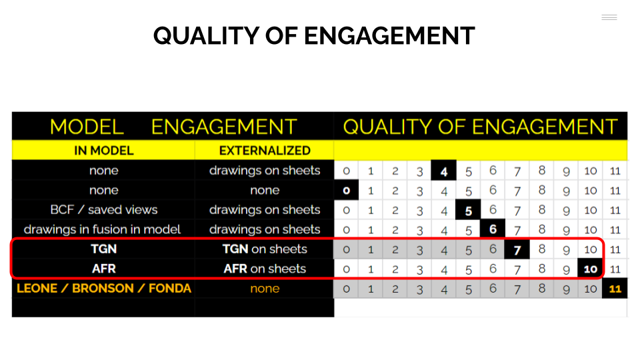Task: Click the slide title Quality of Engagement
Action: click(314, 35)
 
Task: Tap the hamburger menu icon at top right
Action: click(609, 17)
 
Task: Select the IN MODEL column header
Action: click(104, 151)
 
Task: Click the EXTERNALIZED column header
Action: click(265, 151)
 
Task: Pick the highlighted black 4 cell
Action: click(444, 171)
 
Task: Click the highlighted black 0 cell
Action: click(346, 190)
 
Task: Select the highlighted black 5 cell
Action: click(468, 210)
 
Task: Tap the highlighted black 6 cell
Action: click(493, 229)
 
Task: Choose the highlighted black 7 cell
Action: click(517, 249)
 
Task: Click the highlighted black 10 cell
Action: click(590, 269)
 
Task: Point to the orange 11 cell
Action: click(615, 289)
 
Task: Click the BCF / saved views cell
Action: click(104, 210)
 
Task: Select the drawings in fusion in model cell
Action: click(102, 229)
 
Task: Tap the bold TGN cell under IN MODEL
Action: click(104, 249)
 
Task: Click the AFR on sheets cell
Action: click(265, 269)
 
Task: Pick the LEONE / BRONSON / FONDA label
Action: click(104, 289)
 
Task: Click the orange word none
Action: click(265, 289)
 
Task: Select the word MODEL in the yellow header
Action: click(87, 127)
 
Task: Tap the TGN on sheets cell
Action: click(265, 249)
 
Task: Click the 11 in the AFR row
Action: click(615, 269)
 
